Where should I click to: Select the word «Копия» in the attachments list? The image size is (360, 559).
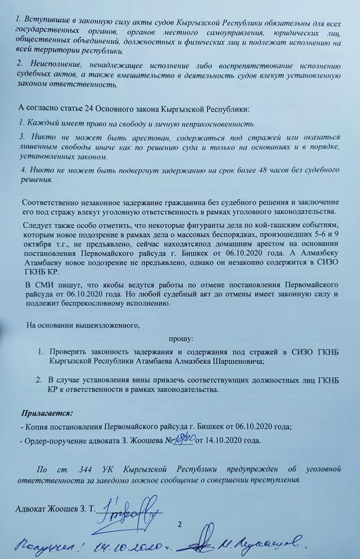tap(35, 427)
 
